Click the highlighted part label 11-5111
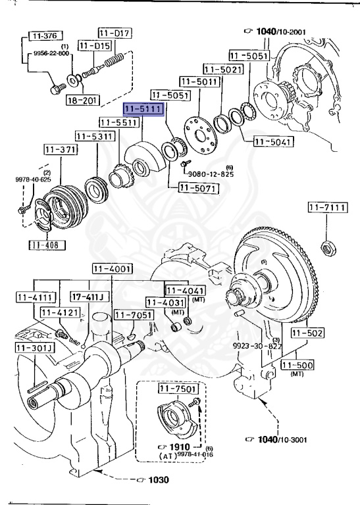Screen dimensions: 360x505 point(144,109)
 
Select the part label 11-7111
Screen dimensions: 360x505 point(328,207)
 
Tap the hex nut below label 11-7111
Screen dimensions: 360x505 point(328,249)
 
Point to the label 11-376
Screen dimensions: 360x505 point(45,36)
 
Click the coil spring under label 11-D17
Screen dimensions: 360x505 point(115,60)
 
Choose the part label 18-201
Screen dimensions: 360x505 point(82,101)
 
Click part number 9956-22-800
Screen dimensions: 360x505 point(51,53)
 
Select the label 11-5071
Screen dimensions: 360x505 point(199,188)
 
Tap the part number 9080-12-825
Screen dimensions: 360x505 point(211,174)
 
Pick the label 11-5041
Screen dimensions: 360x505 point(273,141)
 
